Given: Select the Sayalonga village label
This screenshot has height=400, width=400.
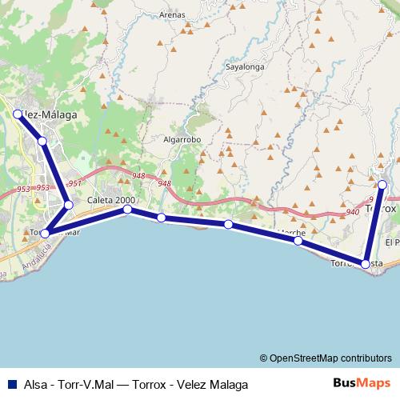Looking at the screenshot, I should (244, 68).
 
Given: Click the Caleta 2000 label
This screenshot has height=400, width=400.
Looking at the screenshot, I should (112, 200).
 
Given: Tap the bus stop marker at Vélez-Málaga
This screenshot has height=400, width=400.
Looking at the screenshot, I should (17, 114).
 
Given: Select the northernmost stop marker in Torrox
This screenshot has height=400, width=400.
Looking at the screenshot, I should (382, 185).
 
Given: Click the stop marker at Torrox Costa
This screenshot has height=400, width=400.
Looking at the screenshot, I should (366, 264).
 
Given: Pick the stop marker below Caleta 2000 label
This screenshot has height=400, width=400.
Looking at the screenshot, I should (127, 210).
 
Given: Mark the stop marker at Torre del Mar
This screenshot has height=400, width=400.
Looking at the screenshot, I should (46, 233).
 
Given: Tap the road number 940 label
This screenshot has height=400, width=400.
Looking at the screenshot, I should (353, 213).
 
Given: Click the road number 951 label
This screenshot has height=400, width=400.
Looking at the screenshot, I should (74, 184).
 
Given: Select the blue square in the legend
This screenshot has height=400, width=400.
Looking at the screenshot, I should (12, 384).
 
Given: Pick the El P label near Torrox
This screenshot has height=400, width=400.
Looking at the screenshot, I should (392, 242).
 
